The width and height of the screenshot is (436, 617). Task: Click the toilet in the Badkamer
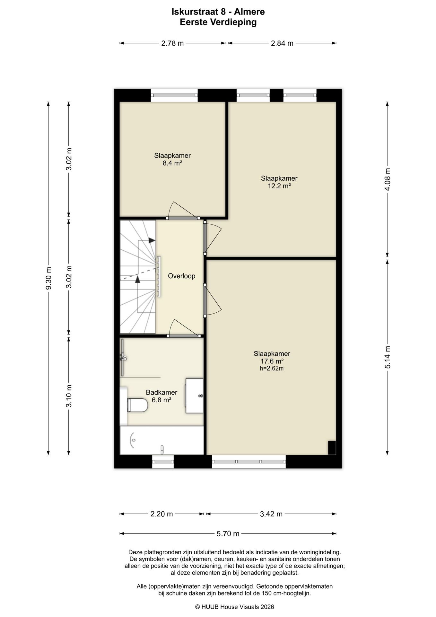[137, 405]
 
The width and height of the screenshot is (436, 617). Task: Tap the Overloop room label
[181, 276]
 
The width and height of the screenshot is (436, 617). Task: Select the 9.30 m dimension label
[48, 279]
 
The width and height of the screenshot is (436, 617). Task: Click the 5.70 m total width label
[228, 534]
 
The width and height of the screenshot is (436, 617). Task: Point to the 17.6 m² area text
[272, 361]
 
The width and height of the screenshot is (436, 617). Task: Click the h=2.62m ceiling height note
[272, 368]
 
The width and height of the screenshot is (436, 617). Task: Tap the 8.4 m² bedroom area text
[172, 163]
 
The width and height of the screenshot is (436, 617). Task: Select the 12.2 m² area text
[279, 186]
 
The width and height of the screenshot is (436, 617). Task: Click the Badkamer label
[161, 392]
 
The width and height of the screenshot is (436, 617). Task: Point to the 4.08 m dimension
[388, 179]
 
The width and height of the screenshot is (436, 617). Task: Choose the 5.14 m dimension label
[388, 357]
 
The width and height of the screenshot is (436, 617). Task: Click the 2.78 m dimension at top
[172, 43]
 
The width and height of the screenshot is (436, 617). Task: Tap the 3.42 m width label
[271, 514]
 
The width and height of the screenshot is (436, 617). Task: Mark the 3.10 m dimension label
[69, 396]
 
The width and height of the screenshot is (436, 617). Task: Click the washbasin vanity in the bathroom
[194, 396]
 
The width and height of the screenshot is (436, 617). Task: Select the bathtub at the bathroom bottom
[162, 440]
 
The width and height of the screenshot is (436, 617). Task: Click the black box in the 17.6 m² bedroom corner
[332, 448]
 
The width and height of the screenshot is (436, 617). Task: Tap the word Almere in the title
[249, 12]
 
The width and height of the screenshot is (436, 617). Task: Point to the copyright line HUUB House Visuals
[235, 607]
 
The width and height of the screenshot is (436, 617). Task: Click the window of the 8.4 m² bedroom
[174, 95]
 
